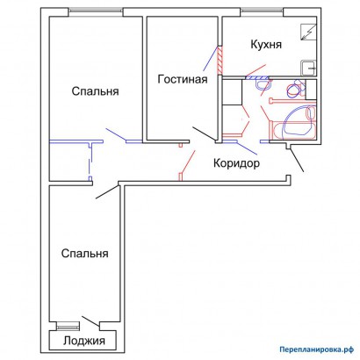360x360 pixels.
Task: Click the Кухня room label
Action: pos(266,45)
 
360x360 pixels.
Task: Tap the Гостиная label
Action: pos(183,79)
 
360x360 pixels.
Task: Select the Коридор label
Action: pos(236,163)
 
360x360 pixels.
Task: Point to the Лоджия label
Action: pos(84,341)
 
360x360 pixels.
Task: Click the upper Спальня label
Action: pos(96,91)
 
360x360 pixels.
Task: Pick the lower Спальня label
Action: pos(85,254)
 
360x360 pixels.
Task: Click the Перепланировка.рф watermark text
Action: pos(317,349)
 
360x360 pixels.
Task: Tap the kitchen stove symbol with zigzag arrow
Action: pos(309,32)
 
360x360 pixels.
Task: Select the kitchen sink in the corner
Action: pos(309,68)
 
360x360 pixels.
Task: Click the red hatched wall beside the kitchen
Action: pos(220,61)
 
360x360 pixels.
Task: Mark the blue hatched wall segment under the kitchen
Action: pos(256,77)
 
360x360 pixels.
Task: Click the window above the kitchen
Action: pos(262,11)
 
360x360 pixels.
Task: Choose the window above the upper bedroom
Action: pos(96,11)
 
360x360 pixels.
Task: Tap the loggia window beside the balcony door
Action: pos(68,326)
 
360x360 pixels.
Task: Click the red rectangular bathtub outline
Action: pos(292,130)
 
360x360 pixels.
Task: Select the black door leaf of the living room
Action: pos(204,133)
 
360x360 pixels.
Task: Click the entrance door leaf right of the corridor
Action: pos(297,160)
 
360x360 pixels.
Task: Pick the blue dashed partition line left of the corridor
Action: pos(90,162)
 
